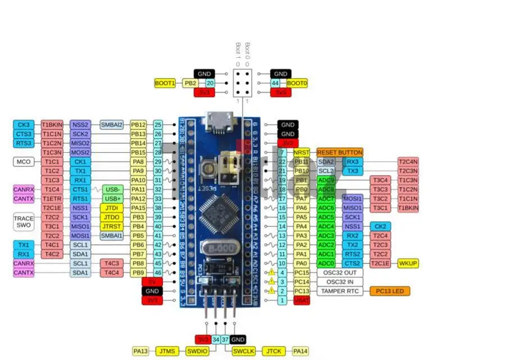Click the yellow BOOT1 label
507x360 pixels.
point(165,83)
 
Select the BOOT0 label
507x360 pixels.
point(297,83)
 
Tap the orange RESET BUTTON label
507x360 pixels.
point(339,152)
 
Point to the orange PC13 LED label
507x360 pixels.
point(390,291)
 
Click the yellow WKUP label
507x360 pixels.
point(408,263)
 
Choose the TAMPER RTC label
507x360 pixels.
point(340,291)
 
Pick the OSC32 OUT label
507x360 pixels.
point(340,272)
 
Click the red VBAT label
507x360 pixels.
point(301,300)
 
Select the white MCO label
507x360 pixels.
point(24,162)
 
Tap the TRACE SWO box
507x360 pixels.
point(24,221)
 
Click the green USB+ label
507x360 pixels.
point(113,198)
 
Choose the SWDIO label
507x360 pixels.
point(197,351)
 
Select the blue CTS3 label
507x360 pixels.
point(24,134)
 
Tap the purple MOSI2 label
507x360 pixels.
point(80,152)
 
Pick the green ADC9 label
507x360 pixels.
point(326,180)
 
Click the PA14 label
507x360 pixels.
point(301,351)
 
